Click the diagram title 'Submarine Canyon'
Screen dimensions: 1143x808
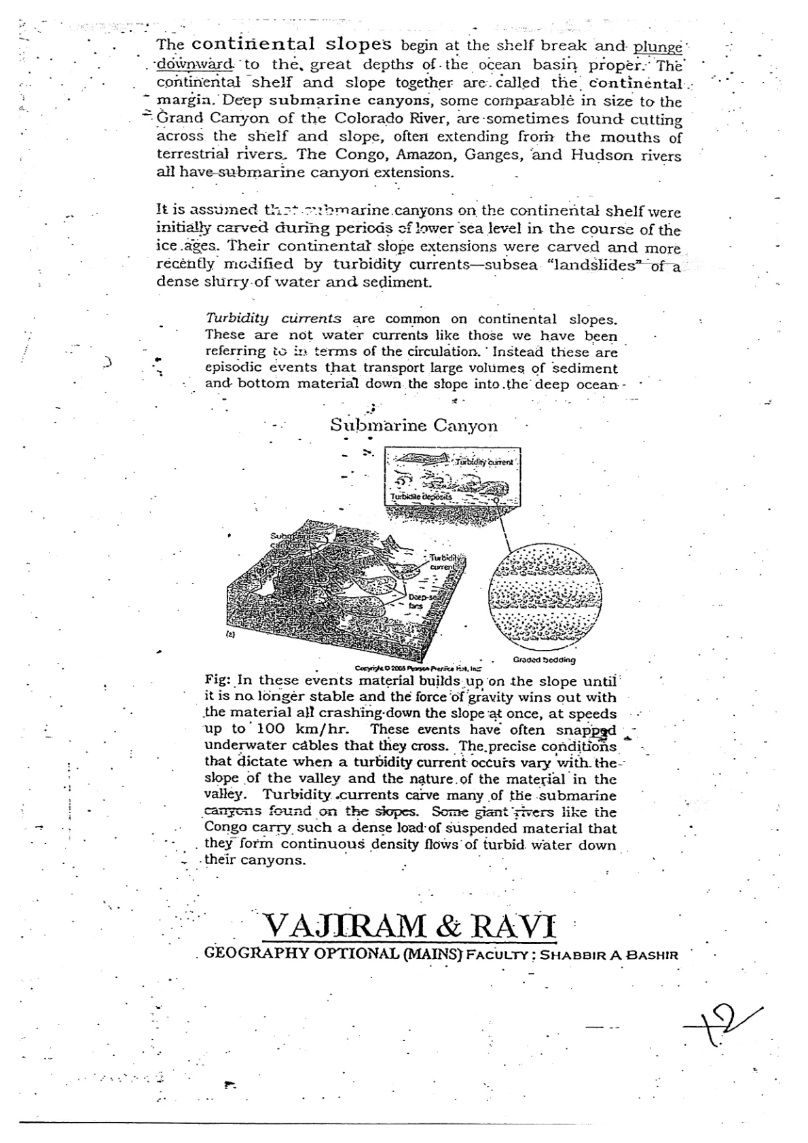(x=414, y=426)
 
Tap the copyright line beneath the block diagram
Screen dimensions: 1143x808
(x=418, y=668)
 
